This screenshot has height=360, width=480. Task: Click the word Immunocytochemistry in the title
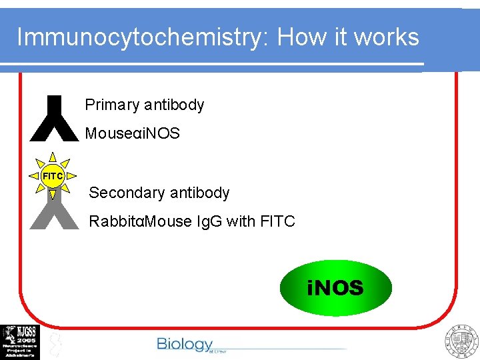(x=140, y=37)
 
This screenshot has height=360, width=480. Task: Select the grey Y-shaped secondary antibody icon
(x=54, y=210)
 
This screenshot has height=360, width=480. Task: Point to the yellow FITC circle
(x=53, y=176)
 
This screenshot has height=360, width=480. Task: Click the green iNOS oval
(x=335, y=288)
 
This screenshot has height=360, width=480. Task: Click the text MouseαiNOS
(x=132, y=133)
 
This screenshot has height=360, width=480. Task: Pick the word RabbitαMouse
(x=140, y=221)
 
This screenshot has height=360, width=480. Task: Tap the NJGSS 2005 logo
(x=20, y=341)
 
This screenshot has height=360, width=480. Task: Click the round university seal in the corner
(x=461, y=341)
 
